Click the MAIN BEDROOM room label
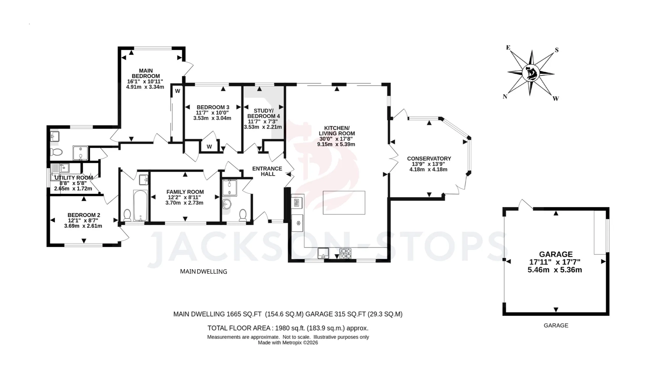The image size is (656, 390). [x=146, y=73]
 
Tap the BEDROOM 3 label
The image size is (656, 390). [x=213, y=107]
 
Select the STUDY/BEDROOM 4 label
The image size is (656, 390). [x=263, y=113]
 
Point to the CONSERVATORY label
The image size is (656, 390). [x=429, y=159]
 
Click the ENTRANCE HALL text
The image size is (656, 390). [x=267, y=171]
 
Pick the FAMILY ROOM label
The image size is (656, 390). [x=185, y=192]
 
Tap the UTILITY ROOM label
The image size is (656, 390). [x=74, y=178]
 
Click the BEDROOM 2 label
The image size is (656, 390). [x=84, y=215]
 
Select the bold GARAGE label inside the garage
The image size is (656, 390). [x=556, y=254]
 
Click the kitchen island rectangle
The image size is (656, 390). [x=344, y=203]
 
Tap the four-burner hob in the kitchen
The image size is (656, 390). [x=345, y=253]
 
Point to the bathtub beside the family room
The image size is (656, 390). [x=141, y=205]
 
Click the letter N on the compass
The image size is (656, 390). [x=505, y=96]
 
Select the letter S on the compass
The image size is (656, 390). [x=556, y=50]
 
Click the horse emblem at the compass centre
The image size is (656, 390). [x=531, y=73]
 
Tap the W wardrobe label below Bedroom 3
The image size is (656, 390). [x=209, y=146]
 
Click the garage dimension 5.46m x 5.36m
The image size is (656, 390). [x=555, y=270]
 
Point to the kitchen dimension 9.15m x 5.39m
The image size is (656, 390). [x=336, y=144]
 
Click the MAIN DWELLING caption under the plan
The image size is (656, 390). [x=203, y=271]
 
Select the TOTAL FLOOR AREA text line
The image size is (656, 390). [x=288, y=328]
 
